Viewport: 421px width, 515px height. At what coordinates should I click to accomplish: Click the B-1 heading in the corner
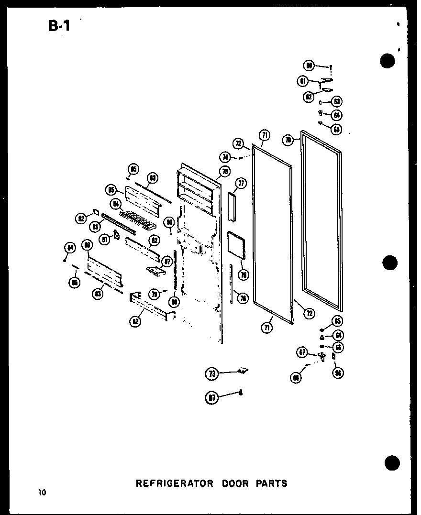coord(59,24)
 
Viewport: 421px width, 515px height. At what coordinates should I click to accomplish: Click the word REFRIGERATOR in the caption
coord(175,483)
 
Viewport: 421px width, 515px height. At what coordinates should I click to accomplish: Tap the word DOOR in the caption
coord(235,483)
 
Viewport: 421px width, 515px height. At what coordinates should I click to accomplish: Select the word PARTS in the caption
coord(272,483)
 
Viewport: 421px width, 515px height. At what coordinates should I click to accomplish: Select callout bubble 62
coord(308,96)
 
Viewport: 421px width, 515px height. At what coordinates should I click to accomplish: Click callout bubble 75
coord(225,171)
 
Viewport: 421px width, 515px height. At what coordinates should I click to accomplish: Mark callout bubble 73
coord(212,374)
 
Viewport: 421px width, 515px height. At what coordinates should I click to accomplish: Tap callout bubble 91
coord(169,221)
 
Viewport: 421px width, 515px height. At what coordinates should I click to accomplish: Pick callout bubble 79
coord(155,295)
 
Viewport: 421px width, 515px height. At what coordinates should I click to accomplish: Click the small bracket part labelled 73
coord(243,371)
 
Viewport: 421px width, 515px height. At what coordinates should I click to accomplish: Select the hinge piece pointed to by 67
coord(322,356)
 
